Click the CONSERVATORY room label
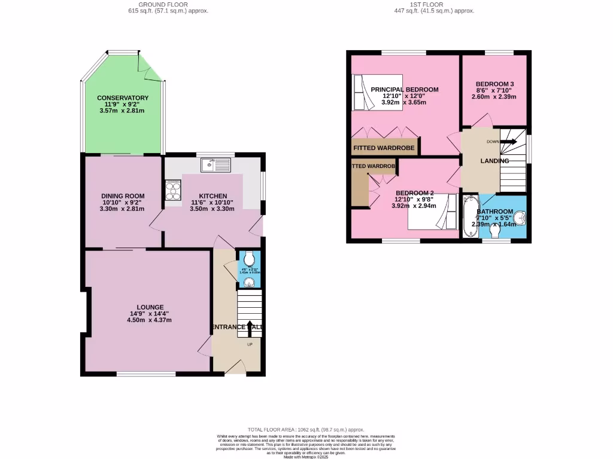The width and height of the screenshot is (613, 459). tap(123, 98)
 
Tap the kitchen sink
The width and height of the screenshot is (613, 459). tap(214, 164)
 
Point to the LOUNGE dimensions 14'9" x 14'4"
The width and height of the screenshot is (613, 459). tap(149, 314)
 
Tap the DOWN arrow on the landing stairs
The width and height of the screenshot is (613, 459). tap(508, 142)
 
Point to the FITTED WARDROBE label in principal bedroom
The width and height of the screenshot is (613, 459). tap(384, 148)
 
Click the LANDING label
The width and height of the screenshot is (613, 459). tap(494, 161)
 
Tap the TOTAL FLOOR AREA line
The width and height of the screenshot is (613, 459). tap(306, 430)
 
